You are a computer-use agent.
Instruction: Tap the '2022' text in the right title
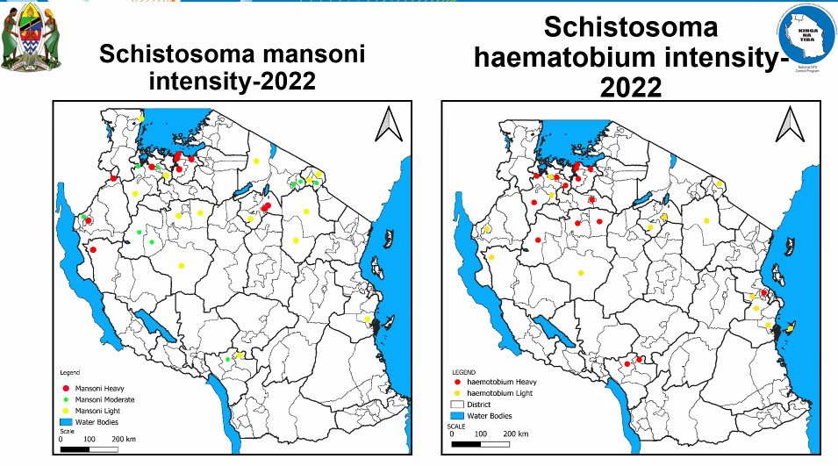point(632,87)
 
